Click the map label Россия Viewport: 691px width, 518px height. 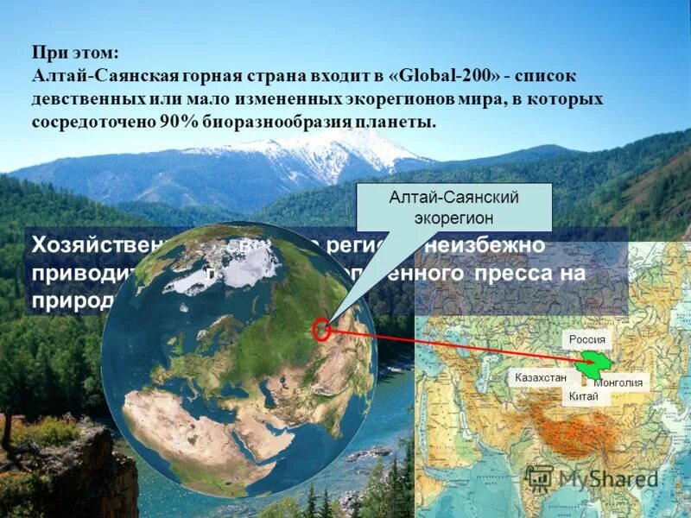(587, 339)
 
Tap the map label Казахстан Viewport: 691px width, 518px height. (541, 378)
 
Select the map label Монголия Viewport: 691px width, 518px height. (618, 382)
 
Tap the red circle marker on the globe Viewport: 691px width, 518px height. (321, 330)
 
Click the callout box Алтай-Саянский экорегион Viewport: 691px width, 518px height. (453, 207)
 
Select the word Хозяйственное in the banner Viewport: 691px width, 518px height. (95, 244)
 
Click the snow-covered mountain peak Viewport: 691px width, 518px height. (337, 151)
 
